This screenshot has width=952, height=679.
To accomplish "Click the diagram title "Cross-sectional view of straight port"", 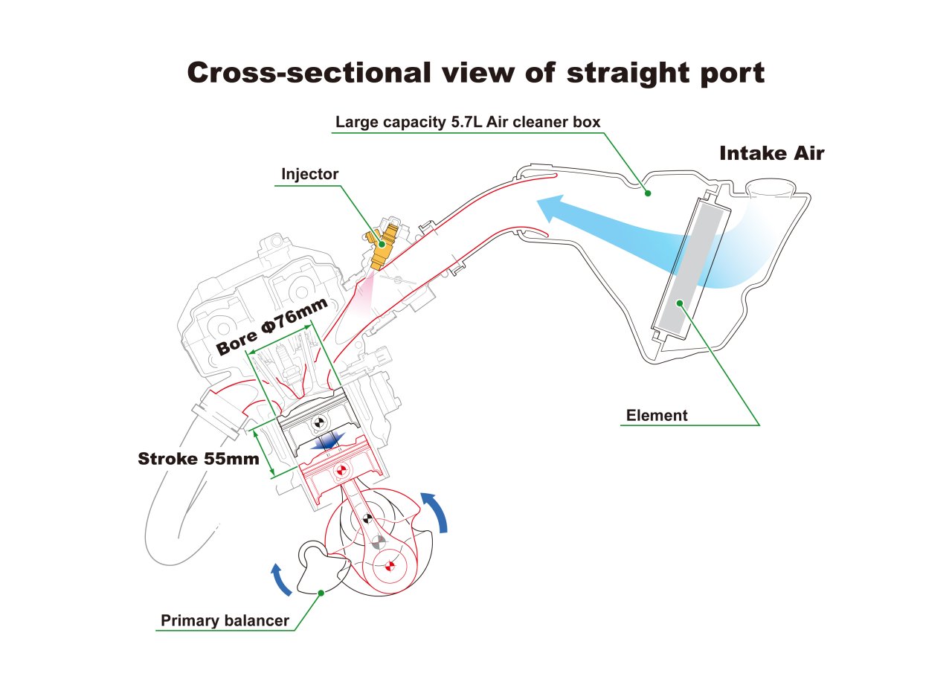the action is click(x=475, y=73).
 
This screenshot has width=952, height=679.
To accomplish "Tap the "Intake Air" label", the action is click(x=772, y=153).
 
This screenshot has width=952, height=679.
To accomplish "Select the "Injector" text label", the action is click(x=310, y=174).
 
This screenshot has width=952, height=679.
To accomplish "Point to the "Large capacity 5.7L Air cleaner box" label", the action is click(x=468, y=122).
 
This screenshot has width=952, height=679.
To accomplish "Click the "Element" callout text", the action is click(x=657, y=415).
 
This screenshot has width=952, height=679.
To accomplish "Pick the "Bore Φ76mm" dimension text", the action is click(x=272, y=326).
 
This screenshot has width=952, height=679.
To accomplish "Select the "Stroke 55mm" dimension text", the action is click(x=199, y=459).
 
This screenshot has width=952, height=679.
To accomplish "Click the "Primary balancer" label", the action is click(x=225, y=620).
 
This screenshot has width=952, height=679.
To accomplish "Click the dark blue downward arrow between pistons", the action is click(x=327, y=440).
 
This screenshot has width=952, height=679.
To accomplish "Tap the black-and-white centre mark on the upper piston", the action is click(x=318, y=422).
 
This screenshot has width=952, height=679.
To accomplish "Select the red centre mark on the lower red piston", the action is click(x=341, y=470).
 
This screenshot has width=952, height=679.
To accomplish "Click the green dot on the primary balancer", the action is click(x=321, y=593).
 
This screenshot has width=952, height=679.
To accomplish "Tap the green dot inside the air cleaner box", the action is click(x=648, y=193).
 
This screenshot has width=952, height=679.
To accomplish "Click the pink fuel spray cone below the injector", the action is click(x=364, y=293).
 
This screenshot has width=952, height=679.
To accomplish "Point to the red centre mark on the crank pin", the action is click(x=390, y=565).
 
